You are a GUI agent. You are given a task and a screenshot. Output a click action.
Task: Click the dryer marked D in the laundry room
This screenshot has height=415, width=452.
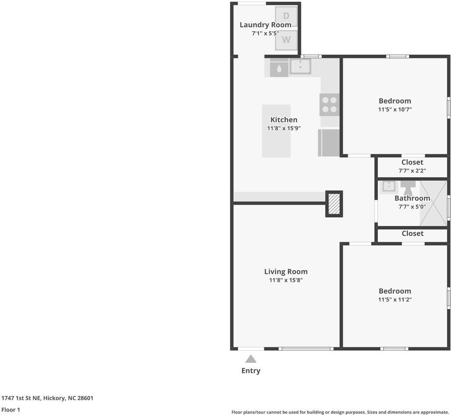pos(286,16)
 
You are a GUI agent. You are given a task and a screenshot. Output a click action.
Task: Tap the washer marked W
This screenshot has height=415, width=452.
pos(286,40)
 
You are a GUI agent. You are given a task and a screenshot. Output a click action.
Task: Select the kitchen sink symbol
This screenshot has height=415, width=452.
pos(300,66)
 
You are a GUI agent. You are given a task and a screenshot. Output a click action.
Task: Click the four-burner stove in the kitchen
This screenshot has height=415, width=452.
pos(329,105)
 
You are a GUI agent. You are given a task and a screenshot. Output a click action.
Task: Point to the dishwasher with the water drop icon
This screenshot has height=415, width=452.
pos(279,68)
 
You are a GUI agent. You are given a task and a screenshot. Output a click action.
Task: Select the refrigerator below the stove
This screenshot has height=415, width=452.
pos(329,143)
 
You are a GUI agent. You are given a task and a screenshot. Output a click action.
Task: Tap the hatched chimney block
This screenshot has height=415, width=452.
pos(334,204)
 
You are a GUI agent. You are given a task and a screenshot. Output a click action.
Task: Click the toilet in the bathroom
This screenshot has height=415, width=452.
pos(408,187)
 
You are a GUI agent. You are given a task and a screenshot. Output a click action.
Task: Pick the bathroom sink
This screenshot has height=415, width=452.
pos(389,186)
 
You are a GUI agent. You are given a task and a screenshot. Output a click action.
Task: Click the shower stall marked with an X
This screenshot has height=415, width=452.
pos(433,203)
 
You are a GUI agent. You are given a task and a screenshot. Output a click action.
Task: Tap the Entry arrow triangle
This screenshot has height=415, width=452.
pos(251,359)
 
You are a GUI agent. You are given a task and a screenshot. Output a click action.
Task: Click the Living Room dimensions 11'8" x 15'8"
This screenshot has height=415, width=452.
pos(286,280)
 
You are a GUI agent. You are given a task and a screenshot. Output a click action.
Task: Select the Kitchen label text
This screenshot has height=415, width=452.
pos(284,120)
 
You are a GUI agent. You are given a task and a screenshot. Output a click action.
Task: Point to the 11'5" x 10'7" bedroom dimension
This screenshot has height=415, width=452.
pos(395,109)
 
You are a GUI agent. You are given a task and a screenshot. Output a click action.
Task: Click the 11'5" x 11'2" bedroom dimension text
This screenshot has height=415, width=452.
pos(395,300)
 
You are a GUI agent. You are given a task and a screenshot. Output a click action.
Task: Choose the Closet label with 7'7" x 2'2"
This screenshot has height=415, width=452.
pos(412,162)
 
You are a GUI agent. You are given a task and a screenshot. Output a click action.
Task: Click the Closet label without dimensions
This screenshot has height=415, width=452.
pos(412,233)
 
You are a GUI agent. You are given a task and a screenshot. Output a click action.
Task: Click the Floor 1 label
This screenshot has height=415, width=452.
pos(11,410)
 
